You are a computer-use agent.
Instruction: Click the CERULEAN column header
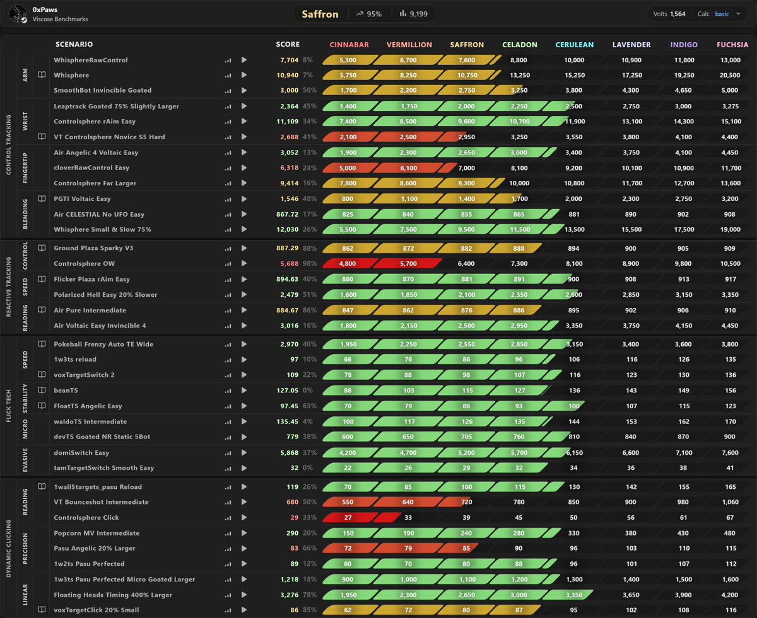(x=574, y=45)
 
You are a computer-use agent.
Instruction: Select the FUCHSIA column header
(x=732, y=45)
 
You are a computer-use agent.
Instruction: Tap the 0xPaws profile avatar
(x=18, y=14)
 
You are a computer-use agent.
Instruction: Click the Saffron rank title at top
(x=320, y=14)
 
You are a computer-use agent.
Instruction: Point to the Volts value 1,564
(x=678, y=14)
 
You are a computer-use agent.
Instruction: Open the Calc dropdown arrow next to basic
(x=738, y=14)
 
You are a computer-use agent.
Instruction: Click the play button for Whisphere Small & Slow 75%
(x=244, y=229)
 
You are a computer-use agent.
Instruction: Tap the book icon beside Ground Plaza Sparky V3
(x=42, y=248)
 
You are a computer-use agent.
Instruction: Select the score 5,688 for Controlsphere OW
(x=290, y=264)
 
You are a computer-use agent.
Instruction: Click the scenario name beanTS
(x=66, y=391)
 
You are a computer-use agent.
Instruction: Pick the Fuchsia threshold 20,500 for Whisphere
(x=730, y=75)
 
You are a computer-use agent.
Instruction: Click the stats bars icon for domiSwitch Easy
(x=228, y=453)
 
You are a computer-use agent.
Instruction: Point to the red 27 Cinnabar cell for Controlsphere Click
(x=348, y=518)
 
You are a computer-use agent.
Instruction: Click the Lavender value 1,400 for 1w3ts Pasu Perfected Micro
(x=631, y=580)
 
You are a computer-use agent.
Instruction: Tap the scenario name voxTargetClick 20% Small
(x=96, y=610)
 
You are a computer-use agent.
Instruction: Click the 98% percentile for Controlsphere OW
(x=310, y=264)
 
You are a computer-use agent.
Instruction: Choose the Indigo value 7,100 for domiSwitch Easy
(x=684, y=453)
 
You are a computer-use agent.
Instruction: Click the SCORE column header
(x=288, y=44)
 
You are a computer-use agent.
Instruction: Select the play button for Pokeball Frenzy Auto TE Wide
(x=244, y=344)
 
